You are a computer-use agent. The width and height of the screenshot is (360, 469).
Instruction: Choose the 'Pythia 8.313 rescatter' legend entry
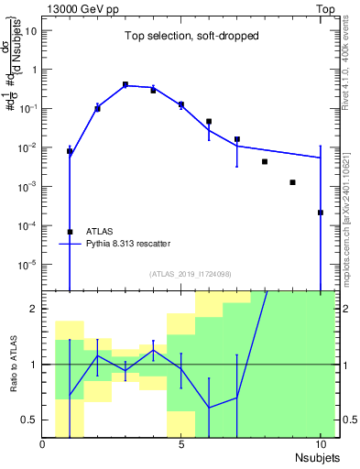pos(127,244)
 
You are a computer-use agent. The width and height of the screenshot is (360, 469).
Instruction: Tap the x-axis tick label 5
pos(181,443)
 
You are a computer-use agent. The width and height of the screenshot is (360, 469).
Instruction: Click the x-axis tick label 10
pos(320,443)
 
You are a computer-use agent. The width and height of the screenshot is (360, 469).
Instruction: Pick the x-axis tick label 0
pos(43,443)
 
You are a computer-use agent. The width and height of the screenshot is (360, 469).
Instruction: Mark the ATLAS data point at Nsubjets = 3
pos(125,84)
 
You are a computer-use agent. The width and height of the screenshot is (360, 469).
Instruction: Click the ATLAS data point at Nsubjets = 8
pos(264,162)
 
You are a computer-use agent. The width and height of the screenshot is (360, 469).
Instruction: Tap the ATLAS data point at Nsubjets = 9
pos(292,182)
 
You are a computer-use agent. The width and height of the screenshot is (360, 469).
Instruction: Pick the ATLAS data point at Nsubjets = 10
pos(320,213)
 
